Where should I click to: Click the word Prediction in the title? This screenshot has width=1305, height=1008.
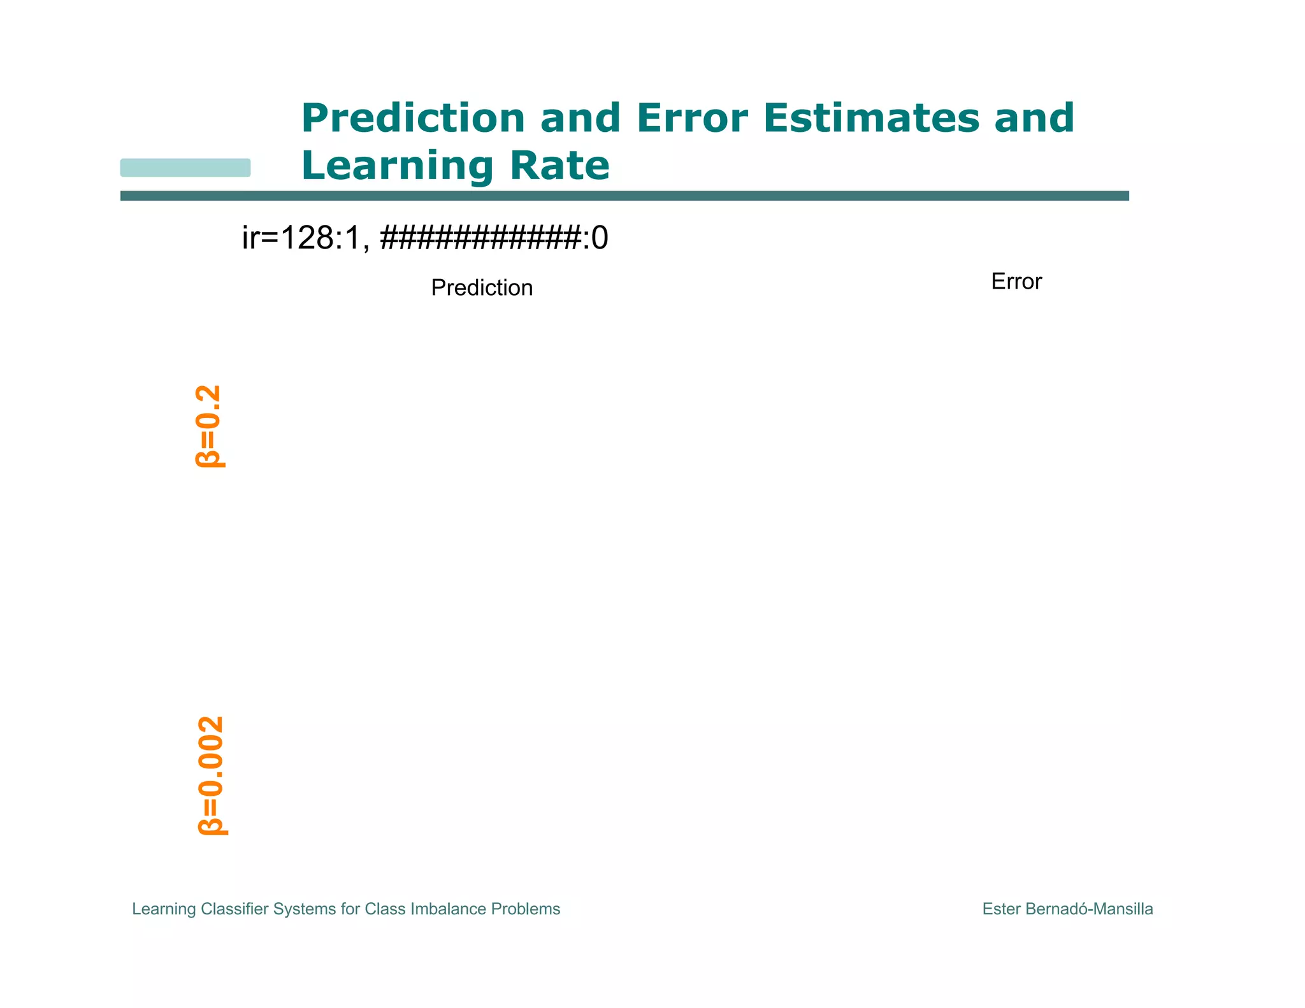pyautogui.click(x=413, y=119)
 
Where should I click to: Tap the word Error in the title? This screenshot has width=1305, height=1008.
pyautogui.click(x=692, y=119)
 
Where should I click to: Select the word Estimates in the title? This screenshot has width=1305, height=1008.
pyautogui.click(x=871, y=119)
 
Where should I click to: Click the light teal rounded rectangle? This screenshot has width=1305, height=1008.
pyautogui.click(x=185, y=168)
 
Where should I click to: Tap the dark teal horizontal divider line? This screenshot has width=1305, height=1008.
pyautogui.click(x=624, y=196)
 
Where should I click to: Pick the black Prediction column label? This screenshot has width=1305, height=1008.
pyautogui.click(x=482, y=288)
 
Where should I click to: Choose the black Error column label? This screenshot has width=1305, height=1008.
pyautogui.click(x=1016, y=282)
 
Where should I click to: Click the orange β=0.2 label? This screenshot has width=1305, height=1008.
pyautogui.click(x=209, y=426)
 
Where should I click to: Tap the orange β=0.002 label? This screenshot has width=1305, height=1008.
pyautogui.click(x=211, y=775)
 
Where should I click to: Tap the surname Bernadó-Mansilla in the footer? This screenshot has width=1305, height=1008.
pyautogui.click(x=1089, y=909)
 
